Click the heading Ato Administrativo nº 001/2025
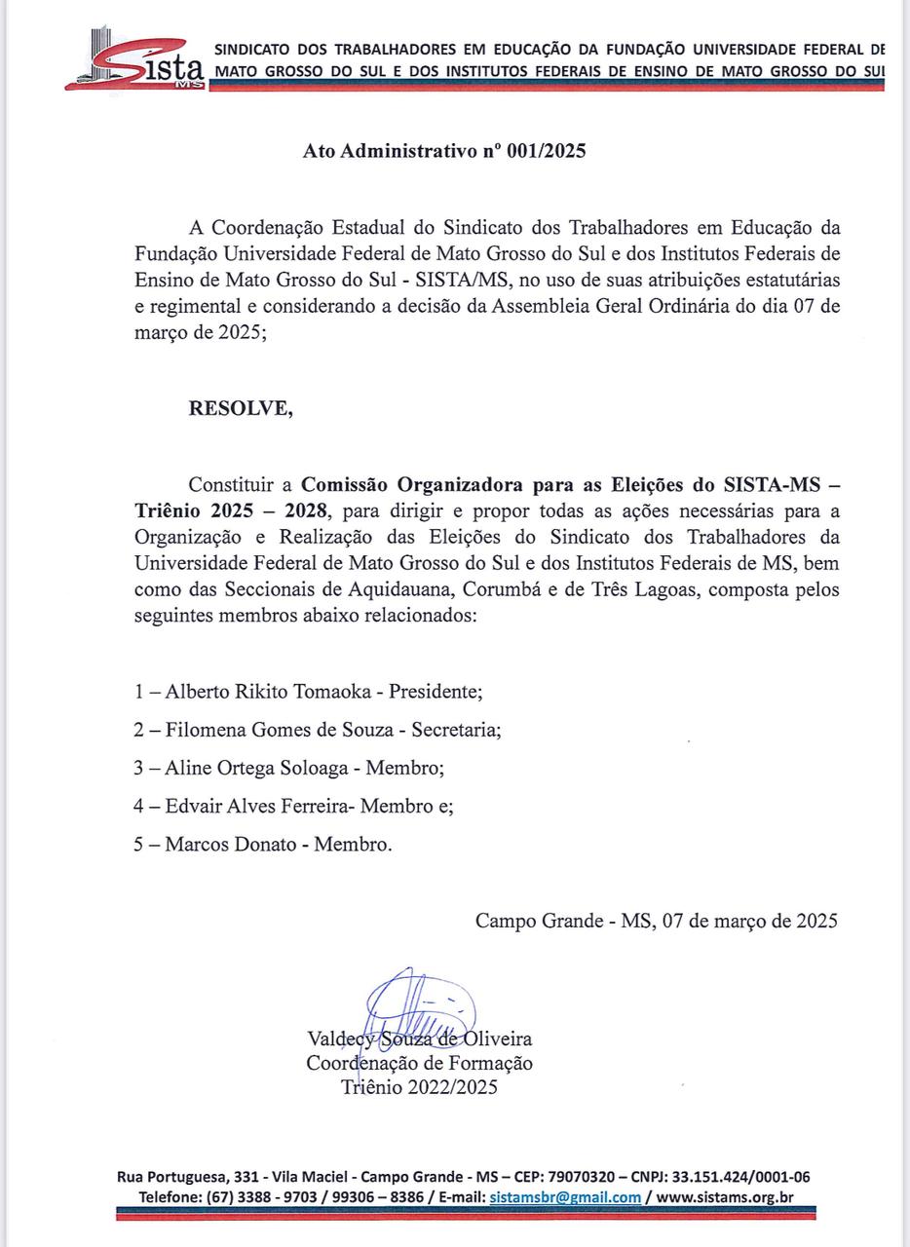tap(444, 151)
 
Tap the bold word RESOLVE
tap(241, 408)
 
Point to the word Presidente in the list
tap(435, 692)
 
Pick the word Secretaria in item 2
tap(456, 730)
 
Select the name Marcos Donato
tap(230, 844)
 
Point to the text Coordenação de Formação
tap(419, 1063)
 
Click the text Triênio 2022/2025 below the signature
tap(419, 1087)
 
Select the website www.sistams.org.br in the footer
tap(725, 1197)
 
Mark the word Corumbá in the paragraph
tap(495, 590)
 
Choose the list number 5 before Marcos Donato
tap(139, 844)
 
